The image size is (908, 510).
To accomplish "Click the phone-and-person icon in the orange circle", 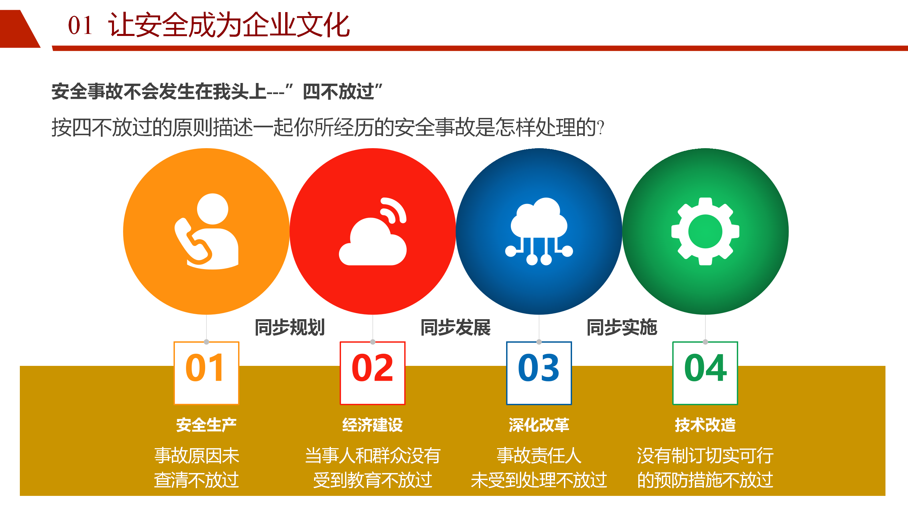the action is pos(207,231).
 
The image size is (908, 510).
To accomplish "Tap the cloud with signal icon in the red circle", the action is pos(373,231).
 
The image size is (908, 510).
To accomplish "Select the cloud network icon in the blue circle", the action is pos(539,231).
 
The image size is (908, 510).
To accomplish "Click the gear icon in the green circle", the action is pos(705,231).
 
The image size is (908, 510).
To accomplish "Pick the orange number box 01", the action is pos(206,373).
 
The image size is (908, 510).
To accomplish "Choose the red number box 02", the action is pos(373,373).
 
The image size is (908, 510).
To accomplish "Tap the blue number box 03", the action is pos(539,373).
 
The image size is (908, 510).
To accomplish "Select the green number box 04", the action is pos(705,373).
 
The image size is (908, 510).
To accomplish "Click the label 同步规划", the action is pos(290,327).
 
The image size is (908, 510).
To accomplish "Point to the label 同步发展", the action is pos(456,327).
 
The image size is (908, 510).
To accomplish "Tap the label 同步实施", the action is pos(622,327).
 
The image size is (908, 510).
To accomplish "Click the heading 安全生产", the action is pos(206,425).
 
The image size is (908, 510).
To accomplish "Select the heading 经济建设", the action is pos(373,425).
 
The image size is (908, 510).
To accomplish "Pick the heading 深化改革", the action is pos(539,425).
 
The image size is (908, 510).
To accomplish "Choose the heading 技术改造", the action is pos(705,425).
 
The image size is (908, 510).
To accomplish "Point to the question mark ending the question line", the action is pos(601,128).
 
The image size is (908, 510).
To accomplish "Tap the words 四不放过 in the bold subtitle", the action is pos(338,92).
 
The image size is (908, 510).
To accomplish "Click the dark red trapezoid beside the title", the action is pos(20,29).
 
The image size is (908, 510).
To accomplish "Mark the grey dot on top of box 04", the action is pos(705,342).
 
